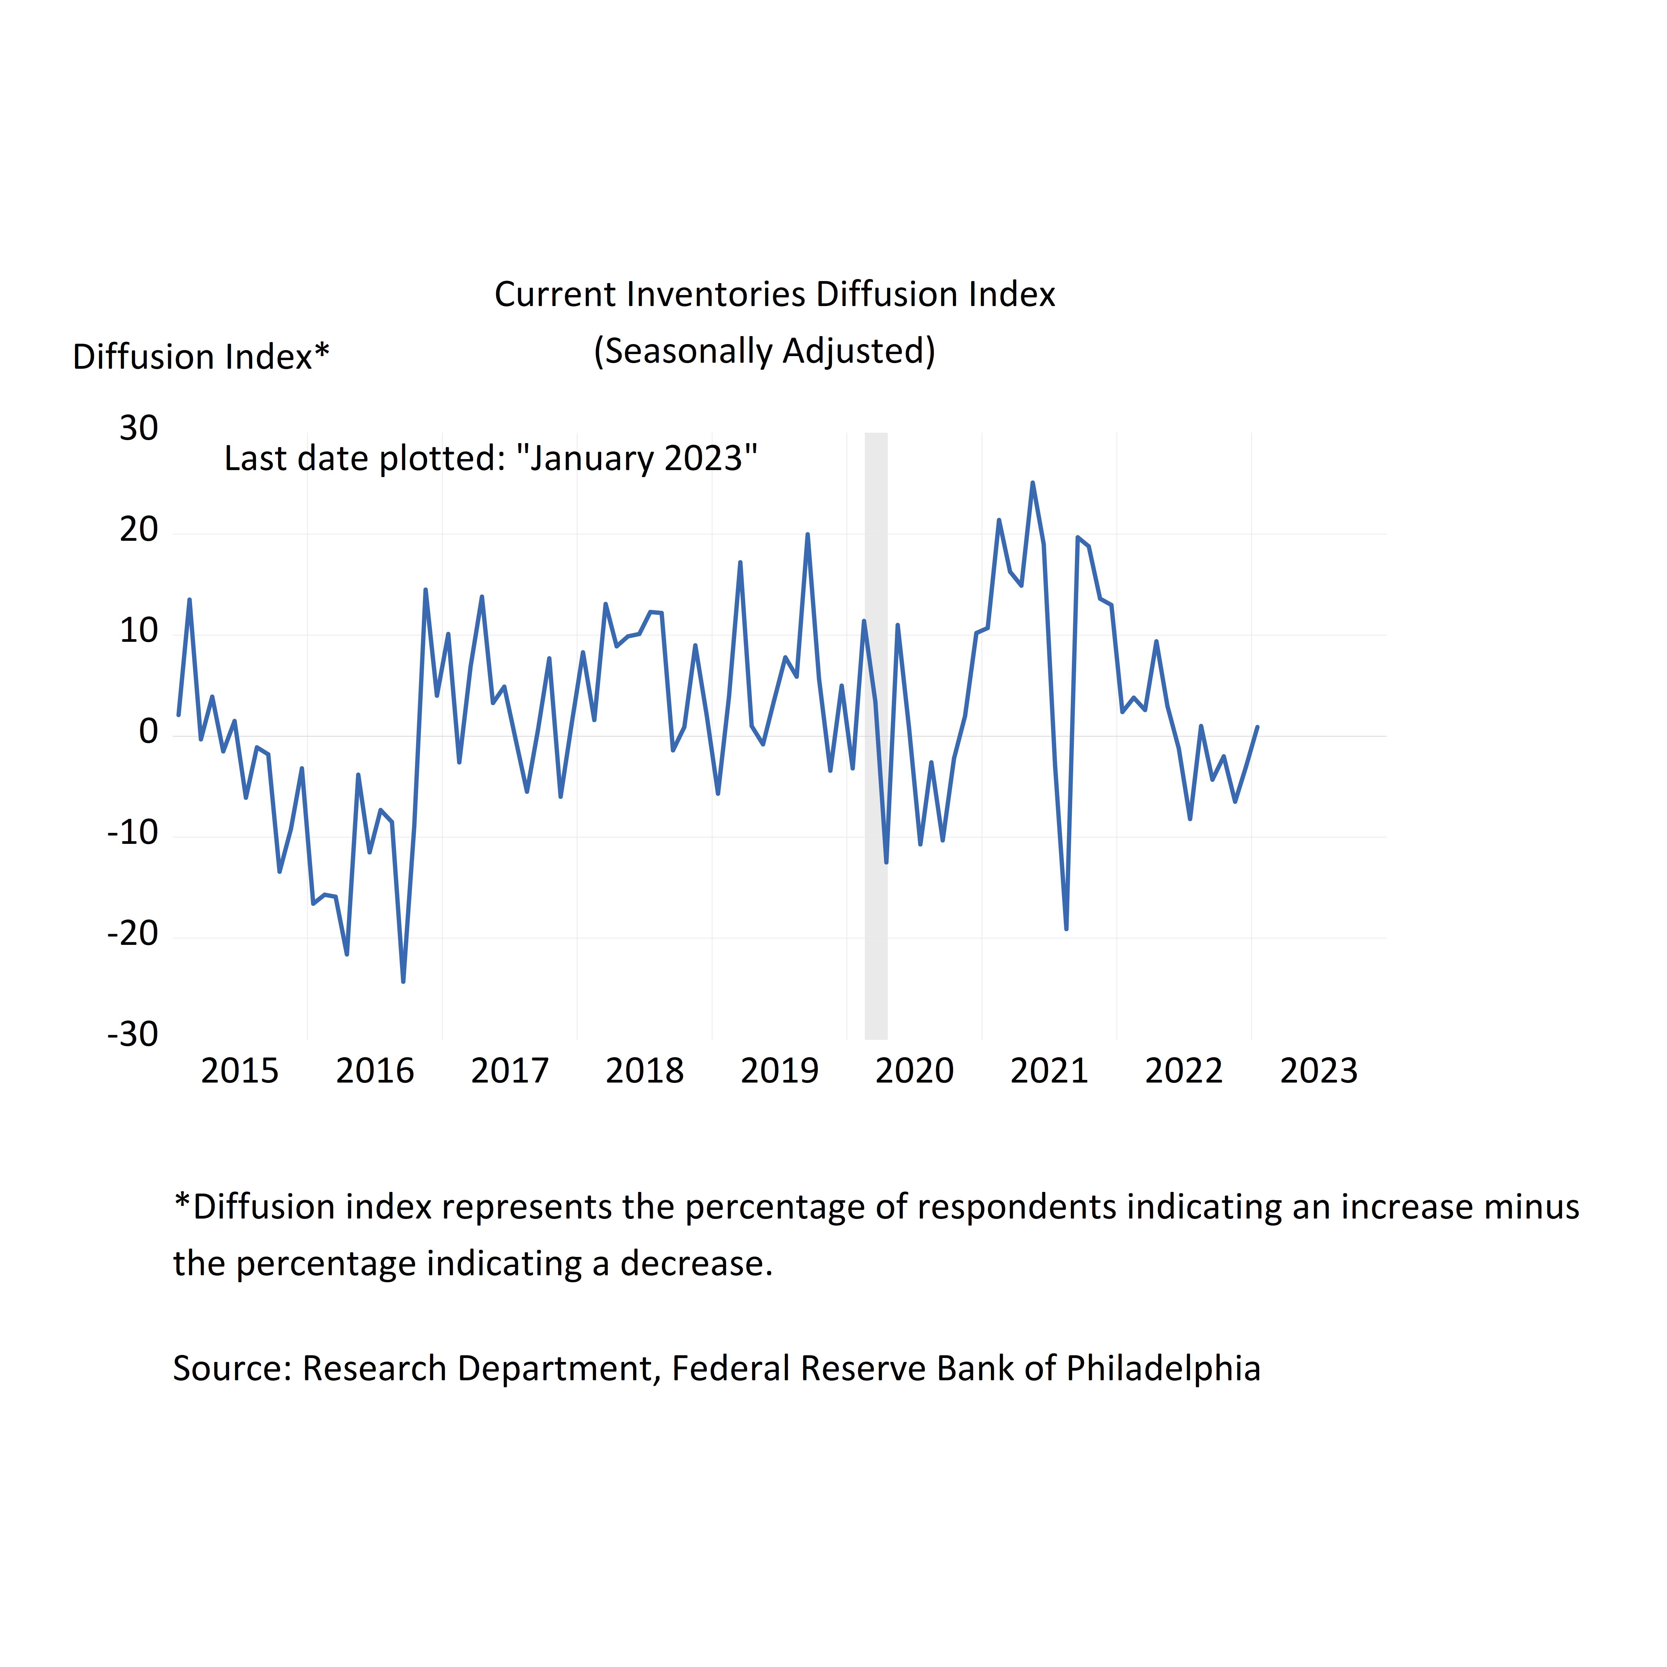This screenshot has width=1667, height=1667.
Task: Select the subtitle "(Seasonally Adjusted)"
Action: (764, 351)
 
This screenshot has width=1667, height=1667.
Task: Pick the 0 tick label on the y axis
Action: (148, 732)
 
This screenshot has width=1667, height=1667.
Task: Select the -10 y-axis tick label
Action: (133, 832)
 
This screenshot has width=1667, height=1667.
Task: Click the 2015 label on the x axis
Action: (240, 1071)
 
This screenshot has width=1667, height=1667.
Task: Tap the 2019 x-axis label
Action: (779, 1071)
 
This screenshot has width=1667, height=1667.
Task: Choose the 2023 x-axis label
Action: (1318, 1071)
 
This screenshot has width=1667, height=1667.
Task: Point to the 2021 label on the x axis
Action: (1049, 1071)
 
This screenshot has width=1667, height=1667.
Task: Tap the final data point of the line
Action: (1257, 727)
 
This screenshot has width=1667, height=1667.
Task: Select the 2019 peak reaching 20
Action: (807, 535)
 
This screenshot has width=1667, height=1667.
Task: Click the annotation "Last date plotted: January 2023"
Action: (490, 458)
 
